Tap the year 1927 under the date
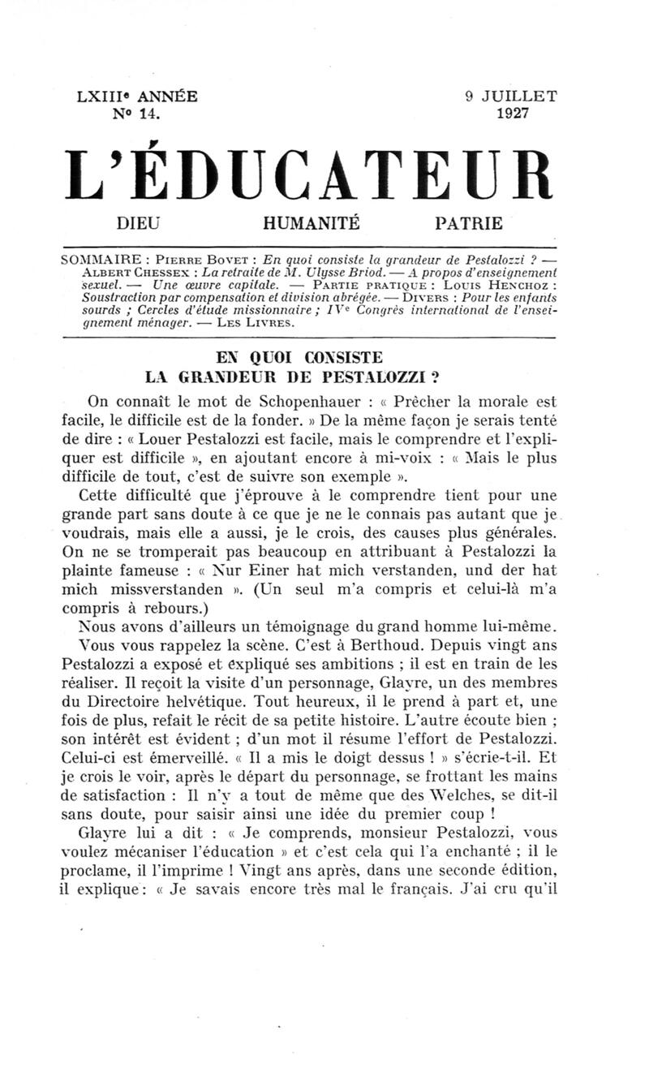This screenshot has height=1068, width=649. point(513,114)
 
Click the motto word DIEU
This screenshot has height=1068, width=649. point(140,222)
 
